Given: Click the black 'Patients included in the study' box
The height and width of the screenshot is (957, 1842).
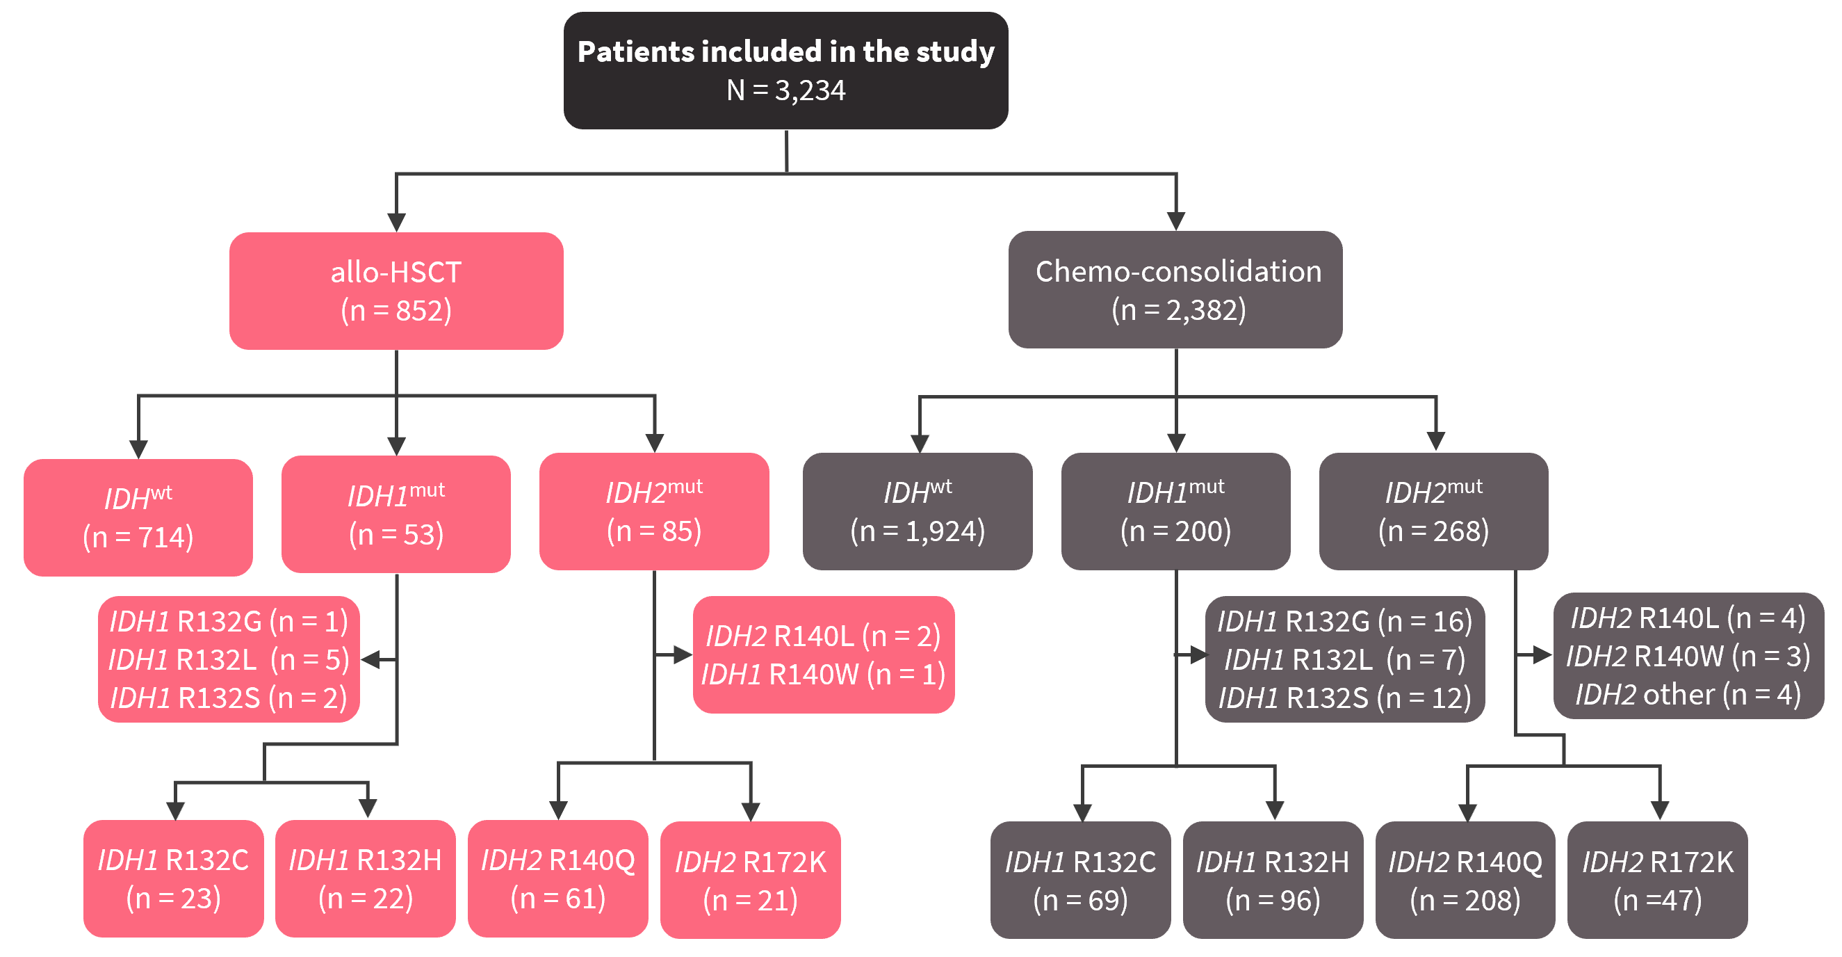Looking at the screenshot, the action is [x=786, y=70].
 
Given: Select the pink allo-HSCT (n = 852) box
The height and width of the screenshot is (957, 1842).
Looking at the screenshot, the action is [x=396, y=291].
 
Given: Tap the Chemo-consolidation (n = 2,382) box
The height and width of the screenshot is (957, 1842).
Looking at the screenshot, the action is [x=1175, y=290].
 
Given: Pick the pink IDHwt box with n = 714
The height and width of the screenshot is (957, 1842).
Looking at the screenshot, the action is [x=138, y=517].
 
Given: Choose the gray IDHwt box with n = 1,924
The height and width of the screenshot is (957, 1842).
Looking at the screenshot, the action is [x=918, y=511].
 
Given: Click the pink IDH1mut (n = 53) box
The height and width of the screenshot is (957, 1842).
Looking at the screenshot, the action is [x=396, y=514].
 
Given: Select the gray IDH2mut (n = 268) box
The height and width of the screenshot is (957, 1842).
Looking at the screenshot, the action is [x=1434, y=511].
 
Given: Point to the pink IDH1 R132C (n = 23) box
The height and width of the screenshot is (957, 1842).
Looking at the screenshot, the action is [x=174, y=878].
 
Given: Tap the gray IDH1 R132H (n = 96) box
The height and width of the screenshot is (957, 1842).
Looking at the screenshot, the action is [x=1273, y=880].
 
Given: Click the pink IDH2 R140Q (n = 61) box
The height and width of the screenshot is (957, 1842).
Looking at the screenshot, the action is [x=557, y=878].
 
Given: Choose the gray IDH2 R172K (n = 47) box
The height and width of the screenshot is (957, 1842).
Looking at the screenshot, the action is [x=1658, y=880].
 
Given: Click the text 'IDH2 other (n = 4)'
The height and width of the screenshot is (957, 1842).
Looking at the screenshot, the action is [x=1688, y=695].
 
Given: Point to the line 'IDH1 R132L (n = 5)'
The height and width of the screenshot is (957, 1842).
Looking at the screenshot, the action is [x=229, y=659].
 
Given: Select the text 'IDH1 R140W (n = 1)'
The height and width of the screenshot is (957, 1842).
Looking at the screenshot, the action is [x=824, y=675].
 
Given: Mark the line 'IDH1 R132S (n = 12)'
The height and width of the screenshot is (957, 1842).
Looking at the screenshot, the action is [x=1345, y=698].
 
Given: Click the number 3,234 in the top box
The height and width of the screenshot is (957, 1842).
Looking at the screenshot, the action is [x=810, y=91].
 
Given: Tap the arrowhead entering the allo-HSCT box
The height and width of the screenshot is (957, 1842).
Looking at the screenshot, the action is [x=396, y=223].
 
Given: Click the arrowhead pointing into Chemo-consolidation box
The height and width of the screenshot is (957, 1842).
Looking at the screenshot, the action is [x=1176, y=221].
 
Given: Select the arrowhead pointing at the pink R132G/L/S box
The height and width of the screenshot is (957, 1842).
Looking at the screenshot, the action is [x=370, y=659].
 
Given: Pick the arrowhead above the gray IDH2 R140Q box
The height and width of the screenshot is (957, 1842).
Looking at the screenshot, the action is [x=1467, y=812].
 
